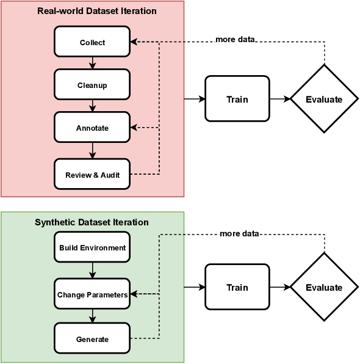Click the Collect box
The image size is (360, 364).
pos(92,42)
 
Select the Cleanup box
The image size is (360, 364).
pos(92,85)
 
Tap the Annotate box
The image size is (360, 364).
pos(92,128)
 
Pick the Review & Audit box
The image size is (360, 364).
pos(92,175)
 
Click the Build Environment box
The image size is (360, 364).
pos(92,248)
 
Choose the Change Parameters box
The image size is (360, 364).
pos(92,294)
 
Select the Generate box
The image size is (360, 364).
pos(92,339)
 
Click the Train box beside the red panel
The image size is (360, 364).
pos(237,99)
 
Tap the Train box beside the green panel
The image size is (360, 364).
pos(237,287)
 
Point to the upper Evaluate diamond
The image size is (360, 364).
pos(324,99)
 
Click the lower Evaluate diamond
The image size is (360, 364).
pos(324,287)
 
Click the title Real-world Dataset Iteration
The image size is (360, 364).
pos(96,11)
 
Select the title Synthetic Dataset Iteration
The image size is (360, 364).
pos(92,222)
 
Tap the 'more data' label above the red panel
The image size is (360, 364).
pos(235,40)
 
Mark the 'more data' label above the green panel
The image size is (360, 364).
pos(239,233)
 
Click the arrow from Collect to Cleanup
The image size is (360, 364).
pos(92,63)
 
